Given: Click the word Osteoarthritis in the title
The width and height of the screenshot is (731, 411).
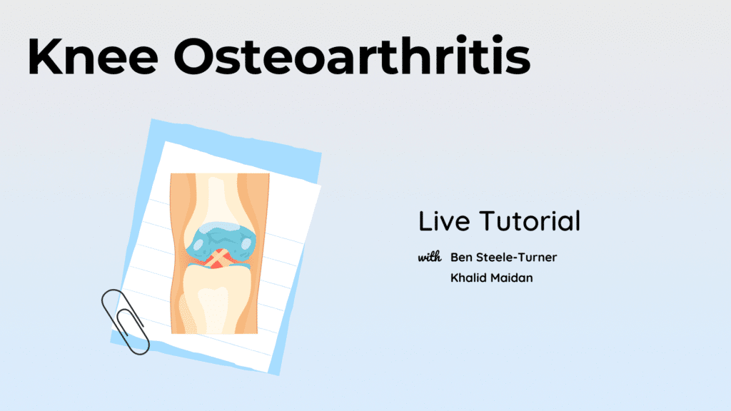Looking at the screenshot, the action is (352, 55).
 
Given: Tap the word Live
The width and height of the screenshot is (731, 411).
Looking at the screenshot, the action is (444, 221).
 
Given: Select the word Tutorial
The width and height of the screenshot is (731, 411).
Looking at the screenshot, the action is (530, 221).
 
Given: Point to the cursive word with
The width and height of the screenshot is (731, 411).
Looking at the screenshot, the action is (429, 257).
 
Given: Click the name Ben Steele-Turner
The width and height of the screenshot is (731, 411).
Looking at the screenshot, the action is (503, 257).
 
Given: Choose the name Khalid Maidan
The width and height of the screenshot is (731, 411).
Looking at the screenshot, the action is (491, 278).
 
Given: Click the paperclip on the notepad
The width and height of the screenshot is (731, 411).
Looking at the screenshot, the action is (125, 322).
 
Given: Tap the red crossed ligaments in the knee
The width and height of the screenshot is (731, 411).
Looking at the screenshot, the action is (216, 259).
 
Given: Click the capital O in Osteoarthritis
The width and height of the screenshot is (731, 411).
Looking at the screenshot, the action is (194, 56).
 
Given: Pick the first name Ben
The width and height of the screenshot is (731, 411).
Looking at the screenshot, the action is (461, 257).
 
